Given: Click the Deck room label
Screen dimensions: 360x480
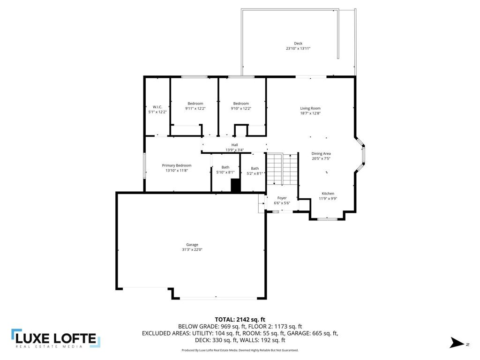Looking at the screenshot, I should tap(298, 44).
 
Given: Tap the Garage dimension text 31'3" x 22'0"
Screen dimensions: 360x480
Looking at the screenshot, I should tap(192, 250).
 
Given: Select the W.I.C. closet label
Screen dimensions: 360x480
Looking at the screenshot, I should tap(157, 107).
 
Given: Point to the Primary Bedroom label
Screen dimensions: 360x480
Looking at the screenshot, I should tap(177, 165).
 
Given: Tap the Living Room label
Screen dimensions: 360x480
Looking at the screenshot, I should tap(310, 108).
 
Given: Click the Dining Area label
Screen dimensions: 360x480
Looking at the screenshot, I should tap(321, 154).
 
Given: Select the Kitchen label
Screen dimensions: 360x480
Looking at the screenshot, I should tap(328, 194).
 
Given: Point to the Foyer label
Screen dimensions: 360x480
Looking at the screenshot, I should tap(282, 198).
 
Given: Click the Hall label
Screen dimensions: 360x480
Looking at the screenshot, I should tap(234, 145).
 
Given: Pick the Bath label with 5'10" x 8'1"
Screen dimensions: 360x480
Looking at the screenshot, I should tap(225, 167).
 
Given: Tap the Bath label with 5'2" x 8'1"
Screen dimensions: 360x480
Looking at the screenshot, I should tap(255, 169).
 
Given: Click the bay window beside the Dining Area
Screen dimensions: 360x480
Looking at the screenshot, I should tap(361, 154).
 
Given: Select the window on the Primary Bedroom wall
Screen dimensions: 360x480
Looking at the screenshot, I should tap(144, 165).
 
